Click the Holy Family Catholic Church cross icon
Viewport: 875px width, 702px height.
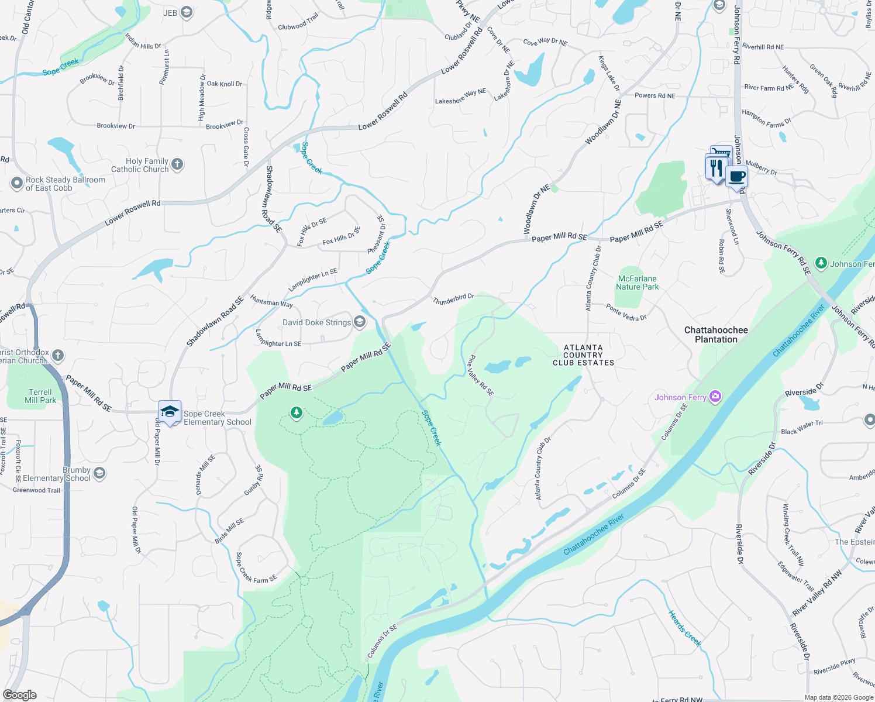click(178, 165)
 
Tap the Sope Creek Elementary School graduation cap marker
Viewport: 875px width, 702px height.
click(170, 411)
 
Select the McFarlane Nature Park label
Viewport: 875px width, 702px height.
click(637, 283)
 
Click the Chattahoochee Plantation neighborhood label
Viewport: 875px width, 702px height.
click(716, 335)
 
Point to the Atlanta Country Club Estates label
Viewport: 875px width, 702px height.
click(583, 355)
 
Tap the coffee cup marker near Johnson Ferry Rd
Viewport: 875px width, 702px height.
click(737, 177)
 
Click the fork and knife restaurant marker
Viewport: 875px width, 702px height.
click(716, 168)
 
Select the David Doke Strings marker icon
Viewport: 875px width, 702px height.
click(360, 322)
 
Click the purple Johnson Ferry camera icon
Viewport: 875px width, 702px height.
click(715, 397)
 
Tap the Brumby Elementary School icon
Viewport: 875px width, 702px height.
click(99, 473)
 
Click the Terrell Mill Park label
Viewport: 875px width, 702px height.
click(40, 396)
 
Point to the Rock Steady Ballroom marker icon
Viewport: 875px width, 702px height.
click(16, 184)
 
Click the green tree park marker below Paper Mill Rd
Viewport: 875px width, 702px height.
click(297, 414)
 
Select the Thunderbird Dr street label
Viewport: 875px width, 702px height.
click(453, 300)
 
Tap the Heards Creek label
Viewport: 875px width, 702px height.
click(684, 628)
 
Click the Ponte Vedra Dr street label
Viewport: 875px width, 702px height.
click(626, 312)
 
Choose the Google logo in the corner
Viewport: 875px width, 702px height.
click(19, 695)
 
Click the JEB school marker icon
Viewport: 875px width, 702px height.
click(187, 13)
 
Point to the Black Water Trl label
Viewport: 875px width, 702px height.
click(801, 428)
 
